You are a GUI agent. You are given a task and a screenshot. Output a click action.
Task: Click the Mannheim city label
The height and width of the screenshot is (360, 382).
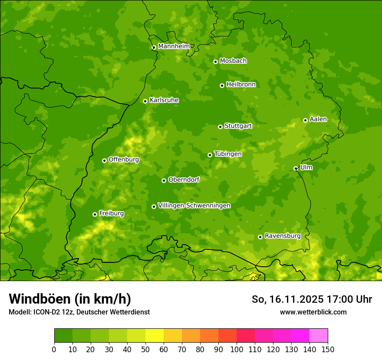[x=174, y=46]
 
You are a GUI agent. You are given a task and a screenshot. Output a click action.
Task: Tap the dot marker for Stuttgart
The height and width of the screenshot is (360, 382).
[x=220, y=127]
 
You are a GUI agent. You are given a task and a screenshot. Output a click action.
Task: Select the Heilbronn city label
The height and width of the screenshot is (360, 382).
[x=241, y=85]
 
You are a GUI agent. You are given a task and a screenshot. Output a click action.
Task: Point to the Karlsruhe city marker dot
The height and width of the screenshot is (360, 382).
[x=145, y=101]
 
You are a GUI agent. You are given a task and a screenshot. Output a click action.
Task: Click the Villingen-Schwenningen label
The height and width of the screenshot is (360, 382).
[x=194, y=206]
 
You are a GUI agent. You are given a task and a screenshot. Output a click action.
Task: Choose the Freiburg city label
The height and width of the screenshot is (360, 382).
[x=111, y=213]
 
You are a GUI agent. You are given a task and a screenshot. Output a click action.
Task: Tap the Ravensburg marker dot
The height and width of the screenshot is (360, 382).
[x=260, y=237]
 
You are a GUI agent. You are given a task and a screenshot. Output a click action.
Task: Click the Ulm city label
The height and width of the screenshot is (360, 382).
[x=306, y=167]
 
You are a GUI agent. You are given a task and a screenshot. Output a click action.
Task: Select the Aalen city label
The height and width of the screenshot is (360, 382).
[x=318, y=119]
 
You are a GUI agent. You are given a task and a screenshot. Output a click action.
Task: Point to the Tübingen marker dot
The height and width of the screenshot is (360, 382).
[x=210, y=155]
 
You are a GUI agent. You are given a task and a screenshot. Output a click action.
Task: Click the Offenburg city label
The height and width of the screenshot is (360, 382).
[x=124, y=160]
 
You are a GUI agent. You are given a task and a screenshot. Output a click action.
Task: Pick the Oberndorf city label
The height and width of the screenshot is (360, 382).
[x=184, y=180]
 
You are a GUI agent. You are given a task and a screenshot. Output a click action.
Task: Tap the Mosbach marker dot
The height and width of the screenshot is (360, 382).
[x=215, y=62]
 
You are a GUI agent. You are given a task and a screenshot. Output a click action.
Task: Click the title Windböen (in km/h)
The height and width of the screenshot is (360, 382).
[x=70, y=299]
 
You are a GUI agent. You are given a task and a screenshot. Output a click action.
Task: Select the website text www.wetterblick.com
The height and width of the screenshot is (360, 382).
[x=313, y=312]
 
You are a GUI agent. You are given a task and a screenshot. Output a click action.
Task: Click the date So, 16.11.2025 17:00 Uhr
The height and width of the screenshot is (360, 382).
[x=312, y=299]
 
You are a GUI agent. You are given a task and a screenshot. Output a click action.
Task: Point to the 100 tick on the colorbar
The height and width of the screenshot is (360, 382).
[x=237, y=349]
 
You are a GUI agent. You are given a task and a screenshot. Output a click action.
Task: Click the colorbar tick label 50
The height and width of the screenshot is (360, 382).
[x=145, y=349]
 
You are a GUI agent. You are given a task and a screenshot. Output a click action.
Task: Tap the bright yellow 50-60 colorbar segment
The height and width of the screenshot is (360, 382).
[x=155, y=336]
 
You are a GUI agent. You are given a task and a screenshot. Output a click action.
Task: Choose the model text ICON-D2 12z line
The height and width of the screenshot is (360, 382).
[x=79, y=312]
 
